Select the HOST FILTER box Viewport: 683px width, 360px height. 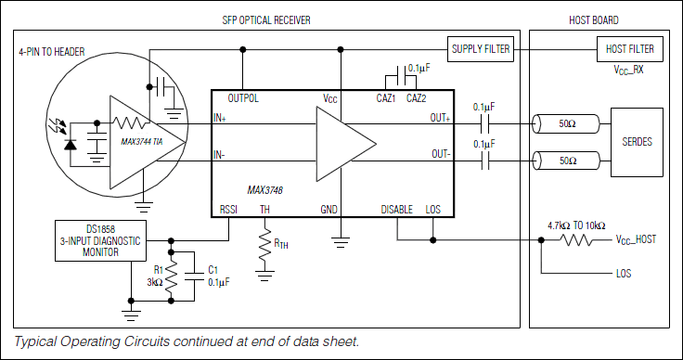pos(628,48)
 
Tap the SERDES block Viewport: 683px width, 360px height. pos(636,141)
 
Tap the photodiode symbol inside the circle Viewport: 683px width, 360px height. pos(70,144)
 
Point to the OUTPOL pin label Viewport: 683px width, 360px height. pos(242,97)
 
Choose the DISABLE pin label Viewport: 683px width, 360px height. pos(397,210)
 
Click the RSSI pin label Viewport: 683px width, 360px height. pos(229,210)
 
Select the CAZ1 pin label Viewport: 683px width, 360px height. pos(386,97)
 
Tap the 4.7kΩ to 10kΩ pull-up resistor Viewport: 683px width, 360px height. pos(576,239)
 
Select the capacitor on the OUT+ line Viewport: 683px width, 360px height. pos(484,122)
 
